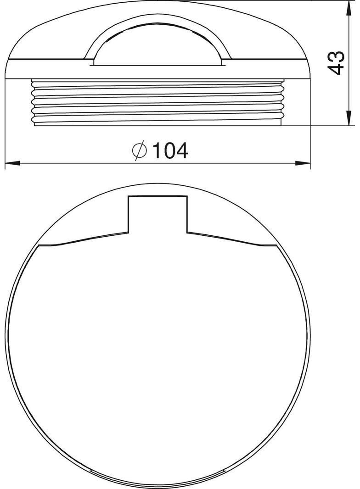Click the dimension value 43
pos(337,63)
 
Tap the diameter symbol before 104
pos(139,150)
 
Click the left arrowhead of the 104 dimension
pos(13,163)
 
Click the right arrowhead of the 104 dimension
pos(303,163)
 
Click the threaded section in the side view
pos(157,103)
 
